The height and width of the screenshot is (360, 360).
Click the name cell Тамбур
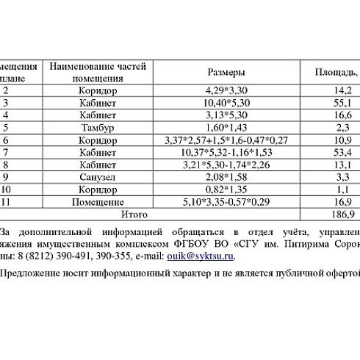[98, 128]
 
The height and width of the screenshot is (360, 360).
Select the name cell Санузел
[98, 177]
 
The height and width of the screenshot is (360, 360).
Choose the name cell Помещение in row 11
[98, 201]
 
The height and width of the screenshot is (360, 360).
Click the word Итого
[134, 214]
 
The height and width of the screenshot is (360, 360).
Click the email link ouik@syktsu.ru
[209, 256]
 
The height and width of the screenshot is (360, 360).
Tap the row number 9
[6, 177]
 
